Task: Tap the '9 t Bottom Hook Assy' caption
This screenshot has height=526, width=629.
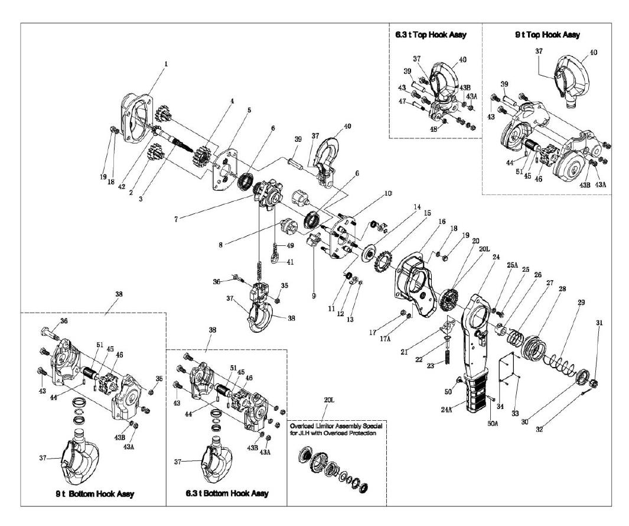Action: pos(92,494)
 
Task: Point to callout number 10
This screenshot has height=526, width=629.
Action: pos(388,194)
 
